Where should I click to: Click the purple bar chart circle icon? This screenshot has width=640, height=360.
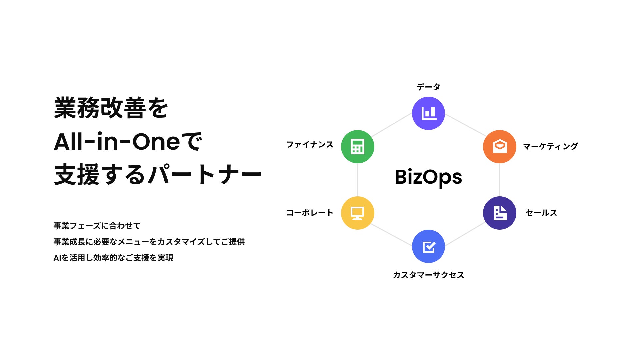tap(428, 113)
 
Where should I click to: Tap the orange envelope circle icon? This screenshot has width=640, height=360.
tap(499, 147)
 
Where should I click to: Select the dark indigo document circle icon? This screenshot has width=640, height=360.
tap(499, 213)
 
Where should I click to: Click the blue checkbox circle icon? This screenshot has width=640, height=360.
tap(428, 246)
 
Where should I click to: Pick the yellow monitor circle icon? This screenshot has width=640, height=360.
tap(357, 213)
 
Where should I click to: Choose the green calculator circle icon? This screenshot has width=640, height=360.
tap(357, 147)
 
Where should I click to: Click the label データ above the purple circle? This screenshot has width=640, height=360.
tap(428, 87)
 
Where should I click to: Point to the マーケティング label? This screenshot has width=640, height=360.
tap(550, 146)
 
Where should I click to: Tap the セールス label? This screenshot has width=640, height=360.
tap(541, 213)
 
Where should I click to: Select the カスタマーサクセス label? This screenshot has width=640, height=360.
tap(428, 275)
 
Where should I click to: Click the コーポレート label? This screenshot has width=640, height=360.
tap(310, 213)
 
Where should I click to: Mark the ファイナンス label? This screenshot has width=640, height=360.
tap(310, 145)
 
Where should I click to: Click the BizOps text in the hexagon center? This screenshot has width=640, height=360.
tap(428, 177)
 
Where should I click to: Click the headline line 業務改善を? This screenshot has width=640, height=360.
tap(111, 108)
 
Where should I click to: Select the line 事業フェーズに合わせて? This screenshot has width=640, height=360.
tap(97, 226)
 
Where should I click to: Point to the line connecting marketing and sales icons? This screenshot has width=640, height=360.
tap(499, 180)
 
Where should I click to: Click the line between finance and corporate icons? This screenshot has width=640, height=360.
tap(357, 180)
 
